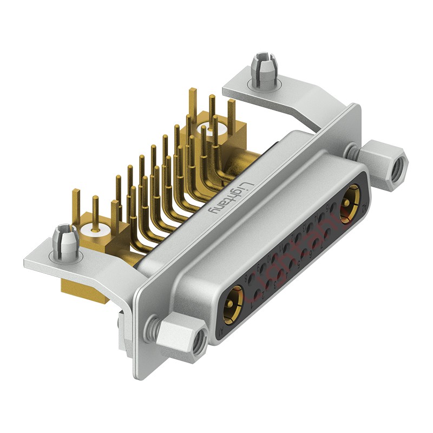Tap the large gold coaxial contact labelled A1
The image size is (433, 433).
233,305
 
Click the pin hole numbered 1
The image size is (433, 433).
257,294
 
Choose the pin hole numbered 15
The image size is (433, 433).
333,207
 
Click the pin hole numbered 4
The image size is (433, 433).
292,264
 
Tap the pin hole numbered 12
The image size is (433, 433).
298,237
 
